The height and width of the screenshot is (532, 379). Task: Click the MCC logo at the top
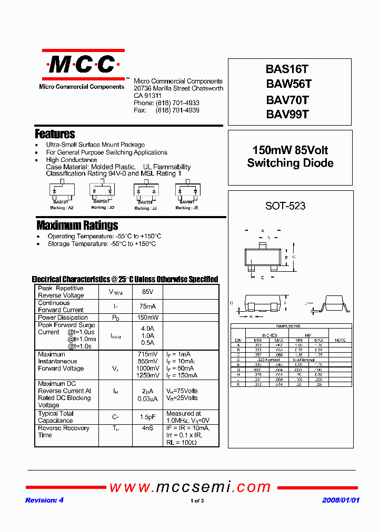(x=82, y=65)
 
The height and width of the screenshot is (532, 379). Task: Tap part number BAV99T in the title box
(x=287, y=114)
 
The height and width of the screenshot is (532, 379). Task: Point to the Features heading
(x=55, y=134)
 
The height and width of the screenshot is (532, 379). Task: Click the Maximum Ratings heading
(x=77, y=226)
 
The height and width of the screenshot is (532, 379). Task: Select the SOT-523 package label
(x=285, y=206)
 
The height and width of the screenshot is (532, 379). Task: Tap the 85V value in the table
(x=147, y=292)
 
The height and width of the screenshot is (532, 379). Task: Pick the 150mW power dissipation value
(x=147, y=318)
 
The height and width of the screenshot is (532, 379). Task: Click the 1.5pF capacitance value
(x=147, y=417)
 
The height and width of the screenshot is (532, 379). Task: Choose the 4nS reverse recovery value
(x=147, y=428)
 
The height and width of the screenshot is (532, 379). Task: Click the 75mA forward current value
(x=147, y=306)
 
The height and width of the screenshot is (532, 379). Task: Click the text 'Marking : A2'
(x=62, y=208)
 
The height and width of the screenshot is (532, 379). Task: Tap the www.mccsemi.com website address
(x=189, y=487)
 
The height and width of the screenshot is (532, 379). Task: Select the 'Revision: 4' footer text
(x=44, y=500)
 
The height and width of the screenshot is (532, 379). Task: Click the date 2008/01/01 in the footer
(x=341, y=500)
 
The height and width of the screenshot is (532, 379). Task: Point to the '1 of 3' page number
(x=197, y=501)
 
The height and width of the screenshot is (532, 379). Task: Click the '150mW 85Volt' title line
(x=290, y=150)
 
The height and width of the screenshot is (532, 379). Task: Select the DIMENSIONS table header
(x=287, y=326)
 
